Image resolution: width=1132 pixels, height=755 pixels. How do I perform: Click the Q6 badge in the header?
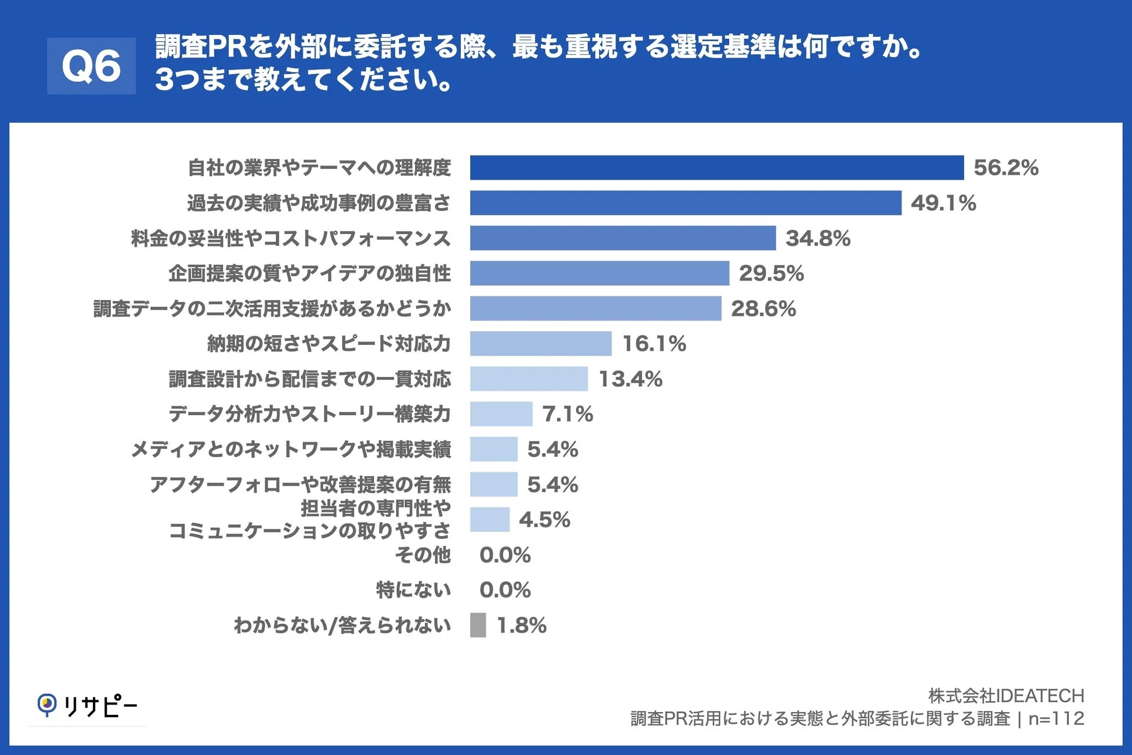[91, 66]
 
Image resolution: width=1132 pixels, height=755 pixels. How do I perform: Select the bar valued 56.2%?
[716, 167]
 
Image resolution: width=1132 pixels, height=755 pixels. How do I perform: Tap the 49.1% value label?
[943, 203]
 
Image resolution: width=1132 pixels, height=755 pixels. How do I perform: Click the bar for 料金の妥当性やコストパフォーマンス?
[622, 238]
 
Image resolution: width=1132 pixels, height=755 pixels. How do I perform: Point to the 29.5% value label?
[771, 273]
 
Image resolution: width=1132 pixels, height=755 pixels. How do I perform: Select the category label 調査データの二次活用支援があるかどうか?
[272, 308]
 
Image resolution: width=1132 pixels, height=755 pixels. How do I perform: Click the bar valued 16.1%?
[540, 343]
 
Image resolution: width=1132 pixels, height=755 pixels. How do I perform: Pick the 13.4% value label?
[630, 379]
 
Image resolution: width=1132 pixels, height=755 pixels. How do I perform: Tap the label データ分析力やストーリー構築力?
[309, 414]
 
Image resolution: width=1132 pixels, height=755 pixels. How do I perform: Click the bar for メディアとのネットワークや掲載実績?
[493, 449]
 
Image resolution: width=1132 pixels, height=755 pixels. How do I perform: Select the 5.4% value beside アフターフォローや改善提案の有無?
[552, 484]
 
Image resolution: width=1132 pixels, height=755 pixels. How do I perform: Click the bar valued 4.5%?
[489, 519]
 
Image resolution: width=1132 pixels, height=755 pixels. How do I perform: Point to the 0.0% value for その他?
[504, 555]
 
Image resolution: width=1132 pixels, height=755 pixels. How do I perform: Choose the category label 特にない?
[413, 590]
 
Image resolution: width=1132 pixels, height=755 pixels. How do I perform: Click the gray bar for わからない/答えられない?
[478, 625]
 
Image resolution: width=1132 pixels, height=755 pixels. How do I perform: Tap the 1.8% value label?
[521, 625]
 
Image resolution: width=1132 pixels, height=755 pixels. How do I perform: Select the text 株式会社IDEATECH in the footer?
[1005, 695]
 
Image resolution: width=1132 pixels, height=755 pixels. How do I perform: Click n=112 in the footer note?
[1055, 718]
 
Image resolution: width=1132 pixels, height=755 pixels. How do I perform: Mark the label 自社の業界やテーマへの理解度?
[319, 167]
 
